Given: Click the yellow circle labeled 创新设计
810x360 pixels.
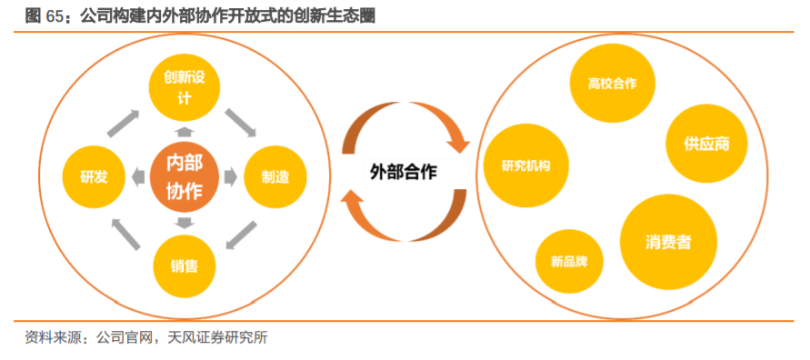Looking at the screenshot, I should point(184,88).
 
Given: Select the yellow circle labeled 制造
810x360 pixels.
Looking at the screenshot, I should point(275,176).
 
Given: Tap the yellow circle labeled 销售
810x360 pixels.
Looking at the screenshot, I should point(184,265).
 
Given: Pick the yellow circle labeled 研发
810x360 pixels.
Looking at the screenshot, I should point(94,176).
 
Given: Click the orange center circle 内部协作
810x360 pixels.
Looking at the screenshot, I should point(184,176).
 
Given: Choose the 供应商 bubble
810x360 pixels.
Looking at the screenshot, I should point(707,143).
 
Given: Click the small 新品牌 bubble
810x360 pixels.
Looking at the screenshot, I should point(568,262).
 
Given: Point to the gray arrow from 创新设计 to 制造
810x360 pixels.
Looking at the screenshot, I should point(240,121).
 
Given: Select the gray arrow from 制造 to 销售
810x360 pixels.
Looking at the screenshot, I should point(239,233).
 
